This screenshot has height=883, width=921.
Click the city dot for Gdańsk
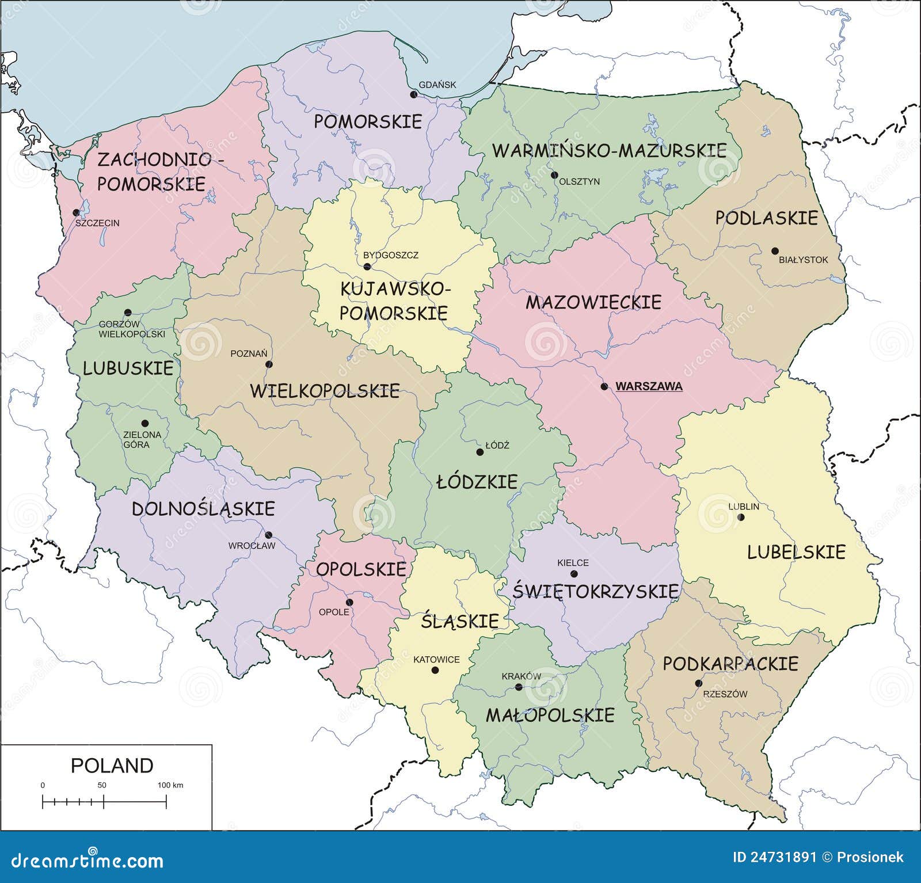pos(413,94)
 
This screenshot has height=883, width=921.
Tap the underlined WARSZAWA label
pos(649,386)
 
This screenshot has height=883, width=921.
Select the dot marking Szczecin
pos(76,212)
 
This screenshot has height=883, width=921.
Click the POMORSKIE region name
pos(368,121)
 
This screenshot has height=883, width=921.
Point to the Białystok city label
pos(803,260)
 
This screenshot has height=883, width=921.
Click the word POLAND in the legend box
pos(112,766)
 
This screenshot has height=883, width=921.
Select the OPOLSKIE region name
pos(361,569)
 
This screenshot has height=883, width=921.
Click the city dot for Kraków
pos(518,687)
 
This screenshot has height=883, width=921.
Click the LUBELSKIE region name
pos(796,552)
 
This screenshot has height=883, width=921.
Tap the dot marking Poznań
pos(269,364)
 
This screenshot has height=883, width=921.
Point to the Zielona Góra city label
pos(142,439)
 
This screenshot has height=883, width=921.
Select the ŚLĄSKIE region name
pos(459,621)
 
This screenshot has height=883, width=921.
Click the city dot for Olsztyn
pos(554,175)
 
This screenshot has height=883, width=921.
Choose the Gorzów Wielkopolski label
pos(131,329)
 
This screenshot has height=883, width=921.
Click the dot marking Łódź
pos(479,452)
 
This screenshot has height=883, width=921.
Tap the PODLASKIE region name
pos(766,218)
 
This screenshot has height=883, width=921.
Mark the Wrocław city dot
pos(268,535)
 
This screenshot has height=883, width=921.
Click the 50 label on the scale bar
pos(102,785)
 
